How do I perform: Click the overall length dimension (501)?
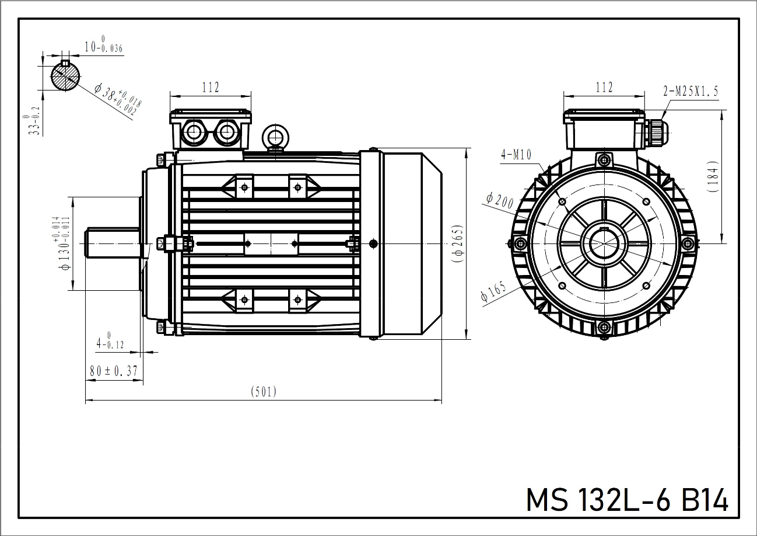coord(264,392)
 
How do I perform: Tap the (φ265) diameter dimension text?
coord(458,243)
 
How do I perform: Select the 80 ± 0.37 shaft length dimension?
coord(113,370)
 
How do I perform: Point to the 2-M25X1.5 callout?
coord(691,91)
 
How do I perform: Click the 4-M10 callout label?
coord(516,154)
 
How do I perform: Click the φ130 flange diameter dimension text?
coord(63,243)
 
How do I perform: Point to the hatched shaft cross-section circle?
coord(65,76)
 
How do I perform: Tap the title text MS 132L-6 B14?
coord(627,500)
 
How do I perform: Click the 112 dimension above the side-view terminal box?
coord(211,88)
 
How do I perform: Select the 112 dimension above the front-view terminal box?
coord(604,88)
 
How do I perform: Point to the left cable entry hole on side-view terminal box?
coord(192,133)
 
